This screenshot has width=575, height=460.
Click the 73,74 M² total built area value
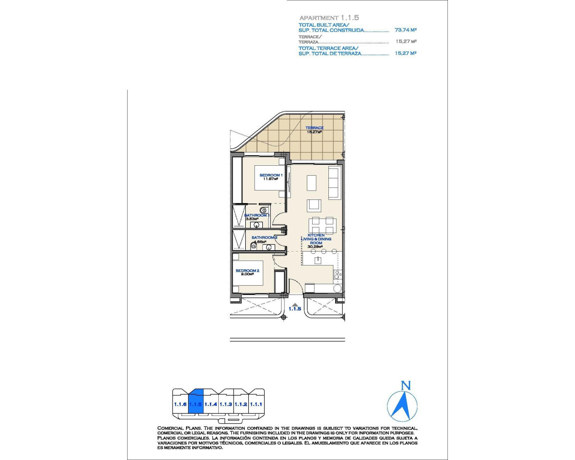click(405, 30)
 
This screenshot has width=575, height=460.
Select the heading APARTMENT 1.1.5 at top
click(329, 18)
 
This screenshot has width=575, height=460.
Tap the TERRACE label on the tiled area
click(314, 128)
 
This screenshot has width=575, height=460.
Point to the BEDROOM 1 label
click(271, 175)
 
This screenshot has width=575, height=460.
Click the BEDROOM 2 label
click(247, 271)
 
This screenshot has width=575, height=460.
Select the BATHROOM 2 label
click(264, 238)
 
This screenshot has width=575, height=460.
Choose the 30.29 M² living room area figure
click(315, 247)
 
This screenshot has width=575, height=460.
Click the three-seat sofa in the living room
click(333, 183)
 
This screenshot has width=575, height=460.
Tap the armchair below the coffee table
click(314, 205)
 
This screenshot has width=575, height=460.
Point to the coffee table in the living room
click(311, 183)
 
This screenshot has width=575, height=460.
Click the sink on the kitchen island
click(318, 260)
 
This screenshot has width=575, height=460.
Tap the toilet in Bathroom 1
click(264, 210)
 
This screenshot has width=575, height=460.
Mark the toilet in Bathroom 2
click(253, 246)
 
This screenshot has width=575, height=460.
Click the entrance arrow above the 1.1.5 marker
click(295, 304)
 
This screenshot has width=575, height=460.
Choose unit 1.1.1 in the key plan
click(256, 404)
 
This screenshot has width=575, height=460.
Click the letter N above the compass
click(406, 385)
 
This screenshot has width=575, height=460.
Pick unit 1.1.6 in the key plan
click(180, 404)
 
